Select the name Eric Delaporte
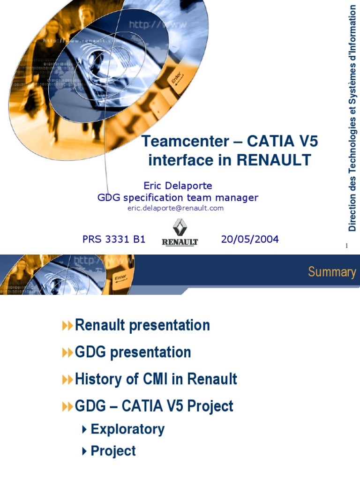click(x=178, y=186)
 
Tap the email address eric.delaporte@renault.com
click(x=175, y=208)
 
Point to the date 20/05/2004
click(x=249, y=240)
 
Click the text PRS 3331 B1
click(x=114, y=240)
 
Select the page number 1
click(x=346, y=246)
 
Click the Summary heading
click(x=331, y=272)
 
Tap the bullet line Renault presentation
click(x=142, y=325)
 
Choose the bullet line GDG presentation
click(x=133, y=352)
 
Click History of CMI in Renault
click(x=156, y=379)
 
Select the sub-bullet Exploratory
click(x=127, y=429)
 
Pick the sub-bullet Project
click(x=113, y=451)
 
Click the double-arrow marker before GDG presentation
click(x=67, y=353)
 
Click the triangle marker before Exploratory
click(x=84, y=429)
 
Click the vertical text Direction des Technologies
click(x=352, y=155)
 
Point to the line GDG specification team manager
click(x=178, y=198)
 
